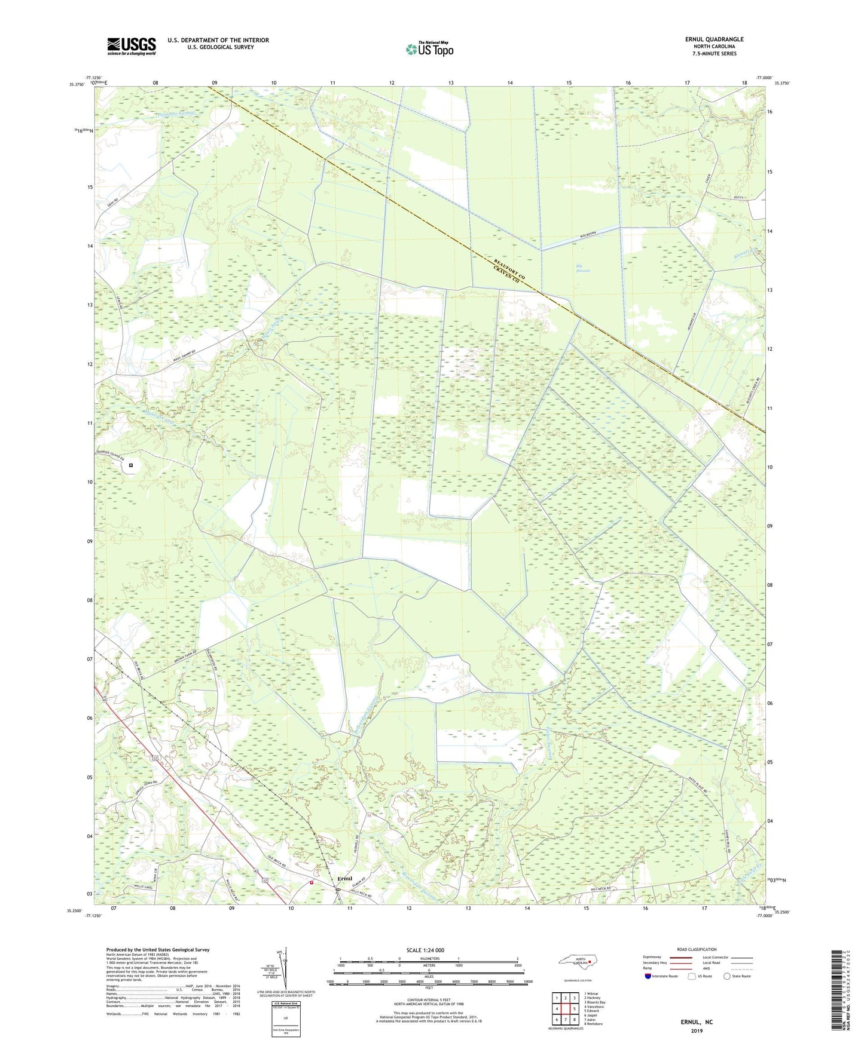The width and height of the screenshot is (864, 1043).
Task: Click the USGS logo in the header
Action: coord(131,46)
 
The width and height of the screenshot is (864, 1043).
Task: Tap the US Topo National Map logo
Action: coord(429,49)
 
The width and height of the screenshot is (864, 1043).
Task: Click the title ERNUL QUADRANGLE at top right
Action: coord(714,39)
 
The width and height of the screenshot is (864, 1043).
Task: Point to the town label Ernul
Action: coord(345,879)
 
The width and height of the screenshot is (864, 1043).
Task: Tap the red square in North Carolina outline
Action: coord(590,962)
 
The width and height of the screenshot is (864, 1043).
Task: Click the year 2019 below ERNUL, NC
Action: coord(697,1031)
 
